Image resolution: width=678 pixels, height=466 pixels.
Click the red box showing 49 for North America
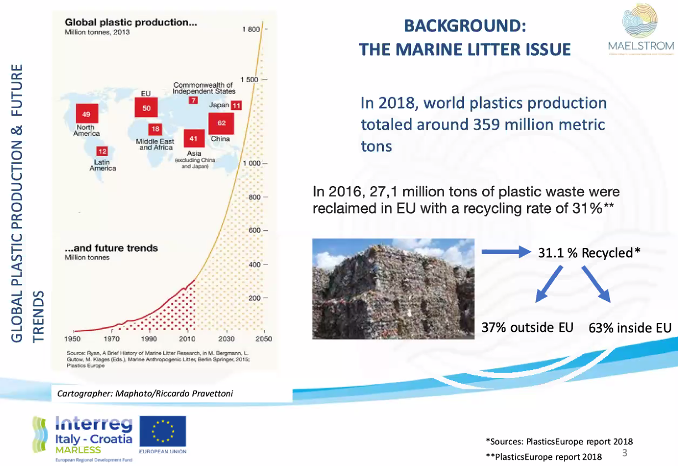coord(86,114)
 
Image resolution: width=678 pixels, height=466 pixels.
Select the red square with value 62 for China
coord(221,123)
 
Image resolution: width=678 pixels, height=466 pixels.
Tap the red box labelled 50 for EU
coord(146,108)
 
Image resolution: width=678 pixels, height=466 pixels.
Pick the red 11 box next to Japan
coord(236,105)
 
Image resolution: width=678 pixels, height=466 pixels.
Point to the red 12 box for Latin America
coord(102,151)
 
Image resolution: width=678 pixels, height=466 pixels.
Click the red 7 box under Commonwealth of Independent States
coord(193,100)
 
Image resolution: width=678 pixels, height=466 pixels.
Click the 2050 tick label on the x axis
coord(263,338)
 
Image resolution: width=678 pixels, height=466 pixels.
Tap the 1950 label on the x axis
coord(73,338)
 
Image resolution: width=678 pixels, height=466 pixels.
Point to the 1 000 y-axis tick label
coord(251,164)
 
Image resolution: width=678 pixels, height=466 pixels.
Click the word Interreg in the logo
coord(94,424)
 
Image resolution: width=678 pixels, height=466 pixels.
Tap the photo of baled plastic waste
coord(393,288)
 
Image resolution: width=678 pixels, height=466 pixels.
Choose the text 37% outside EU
coord(527,327)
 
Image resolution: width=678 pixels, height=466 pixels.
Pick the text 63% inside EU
coord(629,328)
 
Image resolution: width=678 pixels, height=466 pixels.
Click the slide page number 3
coord(625,454)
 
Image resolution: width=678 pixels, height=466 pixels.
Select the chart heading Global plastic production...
coord(131,23)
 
